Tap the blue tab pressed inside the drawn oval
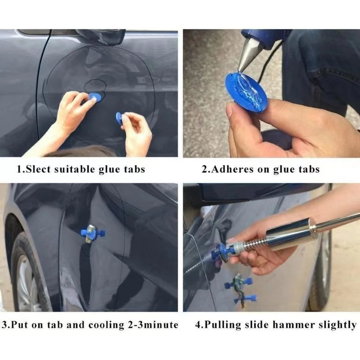click(x=94, y=97)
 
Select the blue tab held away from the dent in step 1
click(x=119, y=118)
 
